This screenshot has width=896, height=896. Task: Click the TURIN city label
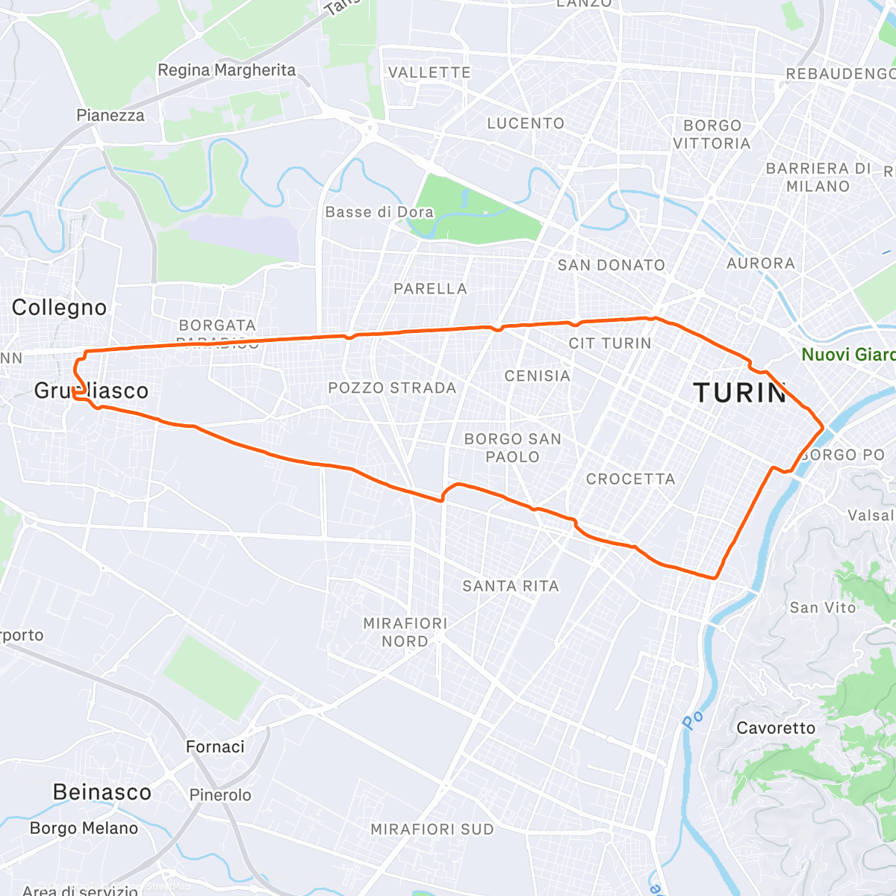[x=740, y=393]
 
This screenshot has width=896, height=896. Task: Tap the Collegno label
[x=60, y=308]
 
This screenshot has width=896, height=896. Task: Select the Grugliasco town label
[x=91, y=391]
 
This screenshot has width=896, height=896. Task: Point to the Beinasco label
[x=102, y=792]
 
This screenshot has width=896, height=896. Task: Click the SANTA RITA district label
[x=511, y=586]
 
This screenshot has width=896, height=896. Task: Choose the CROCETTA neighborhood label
[x=630, y=479]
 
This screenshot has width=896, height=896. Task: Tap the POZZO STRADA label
[x=392, y=388]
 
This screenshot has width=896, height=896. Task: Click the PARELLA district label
[x=430, y=289]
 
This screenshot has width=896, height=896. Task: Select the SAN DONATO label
[x=611, y=265]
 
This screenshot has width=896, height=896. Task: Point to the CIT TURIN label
[x=610, y=343]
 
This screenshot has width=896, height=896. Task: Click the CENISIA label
[x=538, y=376]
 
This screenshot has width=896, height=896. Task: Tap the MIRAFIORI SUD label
[x=432, y=830]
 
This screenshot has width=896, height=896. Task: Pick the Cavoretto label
[x=776, y=728]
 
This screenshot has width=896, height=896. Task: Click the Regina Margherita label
[x=226, y=70]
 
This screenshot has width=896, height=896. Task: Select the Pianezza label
[x=111, y=115]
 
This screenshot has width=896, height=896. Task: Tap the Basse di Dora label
[x=379, y=212]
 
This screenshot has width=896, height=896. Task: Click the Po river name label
[x=693, y=719]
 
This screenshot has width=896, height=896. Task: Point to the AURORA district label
[x=761, y=264]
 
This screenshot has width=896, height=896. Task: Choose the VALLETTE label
[x=429, y=72]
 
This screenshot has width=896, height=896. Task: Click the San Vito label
[x=823, y=608]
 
